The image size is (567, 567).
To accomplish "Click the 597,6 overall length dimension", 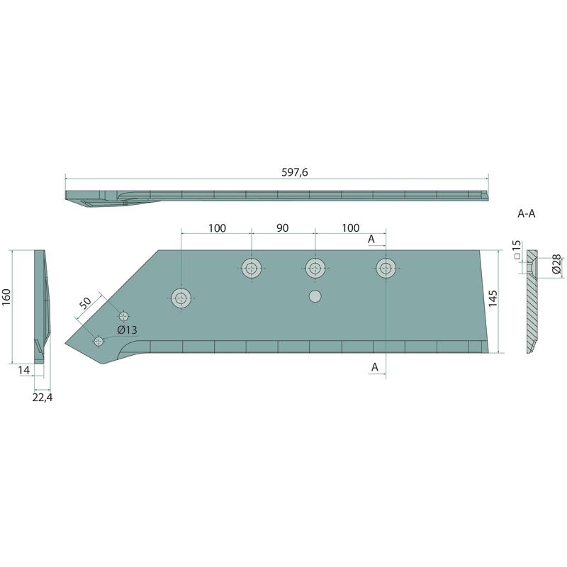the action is pos(295,172).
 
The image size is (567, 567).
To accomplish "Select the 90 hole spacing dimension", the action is pos(282,228).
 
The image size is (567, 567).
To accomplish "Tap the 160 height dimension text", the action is pos(7,297).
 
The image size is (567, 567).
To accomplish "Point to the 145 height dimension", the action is pos(493,298).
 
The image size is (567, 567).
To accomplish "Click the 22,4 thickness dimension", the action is pos(43,398).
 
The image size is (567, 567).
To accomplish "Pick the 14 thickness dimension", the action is pos(24,370).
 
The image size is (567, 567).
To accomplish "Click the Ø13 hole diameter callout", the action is pos(128,330).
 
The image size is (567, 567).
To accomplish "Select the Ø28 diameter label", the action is pos(557,264).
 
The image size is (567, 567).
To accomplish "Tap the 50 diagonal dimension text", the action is pos(86,303).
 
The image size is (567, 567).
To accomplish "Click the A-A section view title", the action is pos(526,214).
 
